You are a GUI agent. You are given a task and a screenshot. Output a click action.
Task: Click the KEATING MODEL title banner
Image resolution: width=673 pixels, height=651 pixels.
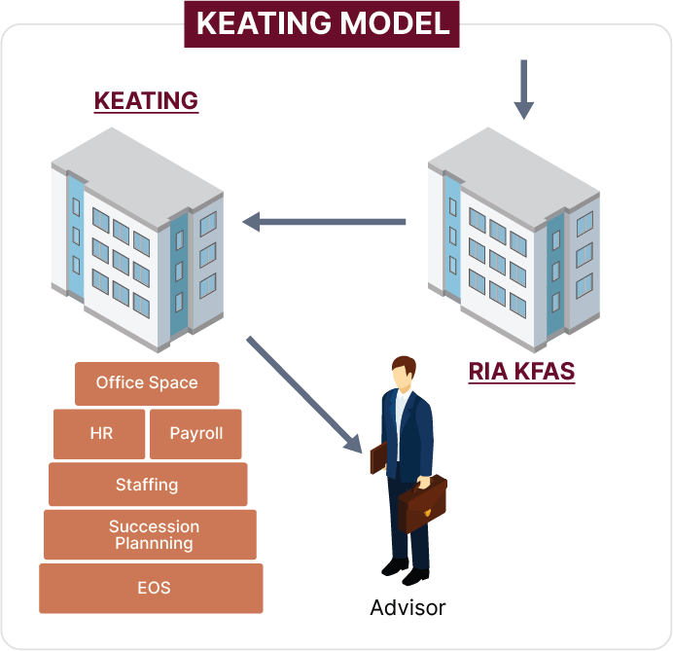[322, 23]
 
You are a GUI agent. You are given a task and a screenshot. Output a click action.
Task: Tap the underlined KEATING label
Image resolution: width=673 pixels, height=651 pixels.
[146, 101]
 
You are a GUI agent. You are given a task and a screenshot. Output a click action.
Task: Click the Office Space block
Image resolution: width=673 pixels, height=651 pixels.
[147, 383]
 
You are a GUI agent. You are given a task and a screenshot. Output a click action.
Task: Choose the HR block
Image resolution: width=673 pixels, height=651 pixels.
[101, 433]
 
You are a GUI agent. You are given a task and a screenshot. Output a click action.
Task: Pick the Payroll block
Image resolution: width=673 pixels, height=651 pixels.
[196, 433]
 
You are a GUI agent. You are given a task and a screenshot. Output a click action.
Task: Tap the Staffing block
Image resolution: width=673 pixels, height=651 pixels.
[147, 484]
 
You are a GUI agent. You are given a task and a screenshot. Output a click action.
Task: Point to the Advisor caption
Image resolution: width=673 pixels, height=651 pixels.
[407, 608]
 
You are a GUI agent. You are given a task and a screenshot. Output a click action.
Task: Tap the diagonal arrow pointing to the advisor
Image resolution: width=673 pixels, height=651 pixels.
[302, 393]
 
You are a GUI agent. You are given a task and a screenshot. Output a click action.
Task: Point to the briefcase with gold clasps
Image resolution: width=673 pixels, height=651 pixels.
[423, 503]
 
